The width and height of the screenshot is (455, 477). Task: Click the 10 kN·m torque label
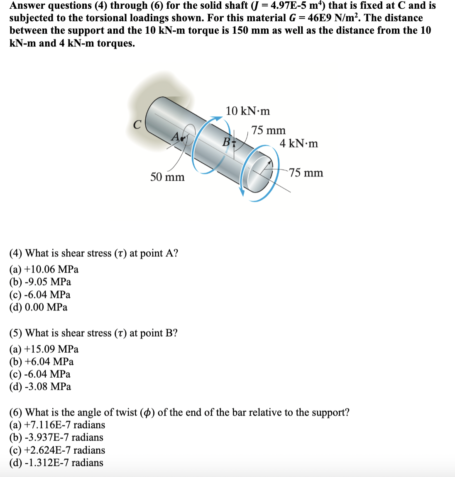(x=247, y=111)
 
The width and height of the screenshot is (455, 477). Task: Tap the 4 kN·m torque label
(x=298, y=144)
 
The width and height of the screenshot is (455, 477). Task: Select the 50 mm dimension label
(x=167, y=177)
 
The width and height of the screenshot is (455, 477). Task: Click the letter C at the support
(x=137, y=124)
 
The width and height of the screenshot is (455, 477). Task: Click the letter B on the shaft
(x=226, y=142)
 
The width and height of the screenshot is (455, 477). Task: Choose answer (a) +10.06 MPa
(x=44, y=269)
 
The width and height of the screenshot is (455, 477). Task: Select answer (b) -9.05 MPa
(x=40, y=282)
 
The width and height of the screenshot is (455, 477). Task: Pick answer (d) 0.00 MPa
(x=38, y=307)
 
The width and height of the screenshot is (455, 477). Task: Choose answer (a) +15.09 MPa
(x=44, y=349)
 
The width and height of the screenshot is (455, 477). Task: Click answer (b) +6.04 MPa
(x=41, y=361)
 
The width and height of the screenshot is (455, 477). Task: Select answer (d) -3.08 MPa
(x=40, y=386)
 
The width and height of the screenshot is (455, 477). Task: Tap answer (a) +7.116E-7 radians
(x=57, y=425)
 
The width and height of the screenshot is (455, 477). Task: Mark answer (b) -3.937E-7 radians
(x=56, y=437)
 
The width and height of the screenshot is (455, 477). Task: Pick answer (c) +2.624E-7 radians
(x=57, y=450)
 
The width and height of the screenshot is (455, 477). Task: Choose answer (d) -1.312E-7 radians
(x=56, y=462)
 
